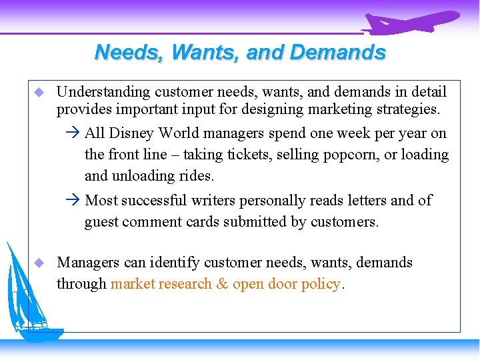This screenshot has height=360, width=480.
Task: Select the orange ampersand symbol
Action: point(223,284)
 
